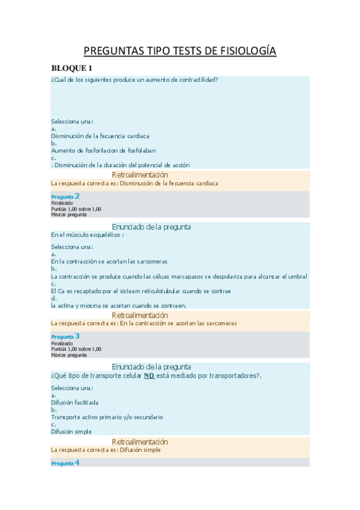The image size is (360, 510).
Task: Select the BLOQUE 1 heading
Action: [72, 68]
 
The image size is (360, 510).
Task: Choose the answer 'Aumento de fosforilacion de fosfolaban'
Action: [99, 150]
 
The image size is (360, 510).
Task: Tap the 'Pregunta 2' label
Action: [66, 196]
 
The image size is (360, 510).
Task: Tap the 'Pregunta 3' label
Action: [66, 336]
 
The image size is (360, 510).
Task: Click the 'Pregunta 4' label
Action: [66, 463]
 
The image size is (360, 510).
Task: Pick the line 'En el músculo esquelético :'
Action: [87, 235]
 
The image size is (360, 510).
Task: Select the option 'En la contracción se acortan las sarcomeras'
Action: [109, 262]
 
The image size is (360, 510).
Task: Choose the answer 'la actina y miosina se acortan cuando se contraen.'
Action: [118, 306]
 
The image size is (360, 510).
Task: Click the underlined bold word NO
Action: [150, 376]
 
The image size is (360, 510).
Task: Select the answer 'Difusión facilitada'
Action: [75, 402]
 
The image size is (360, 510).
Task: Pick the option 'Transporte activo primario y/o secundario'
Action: [107, 417]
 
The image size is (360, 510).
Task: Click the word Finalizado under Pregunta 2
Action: [62, 203]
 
